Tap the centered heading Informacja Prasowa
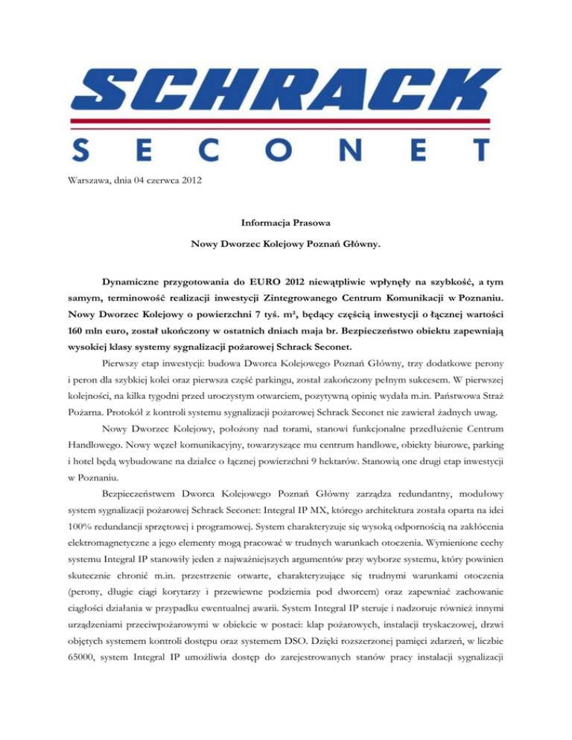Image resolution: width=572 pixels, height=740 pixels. (285, 221)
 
